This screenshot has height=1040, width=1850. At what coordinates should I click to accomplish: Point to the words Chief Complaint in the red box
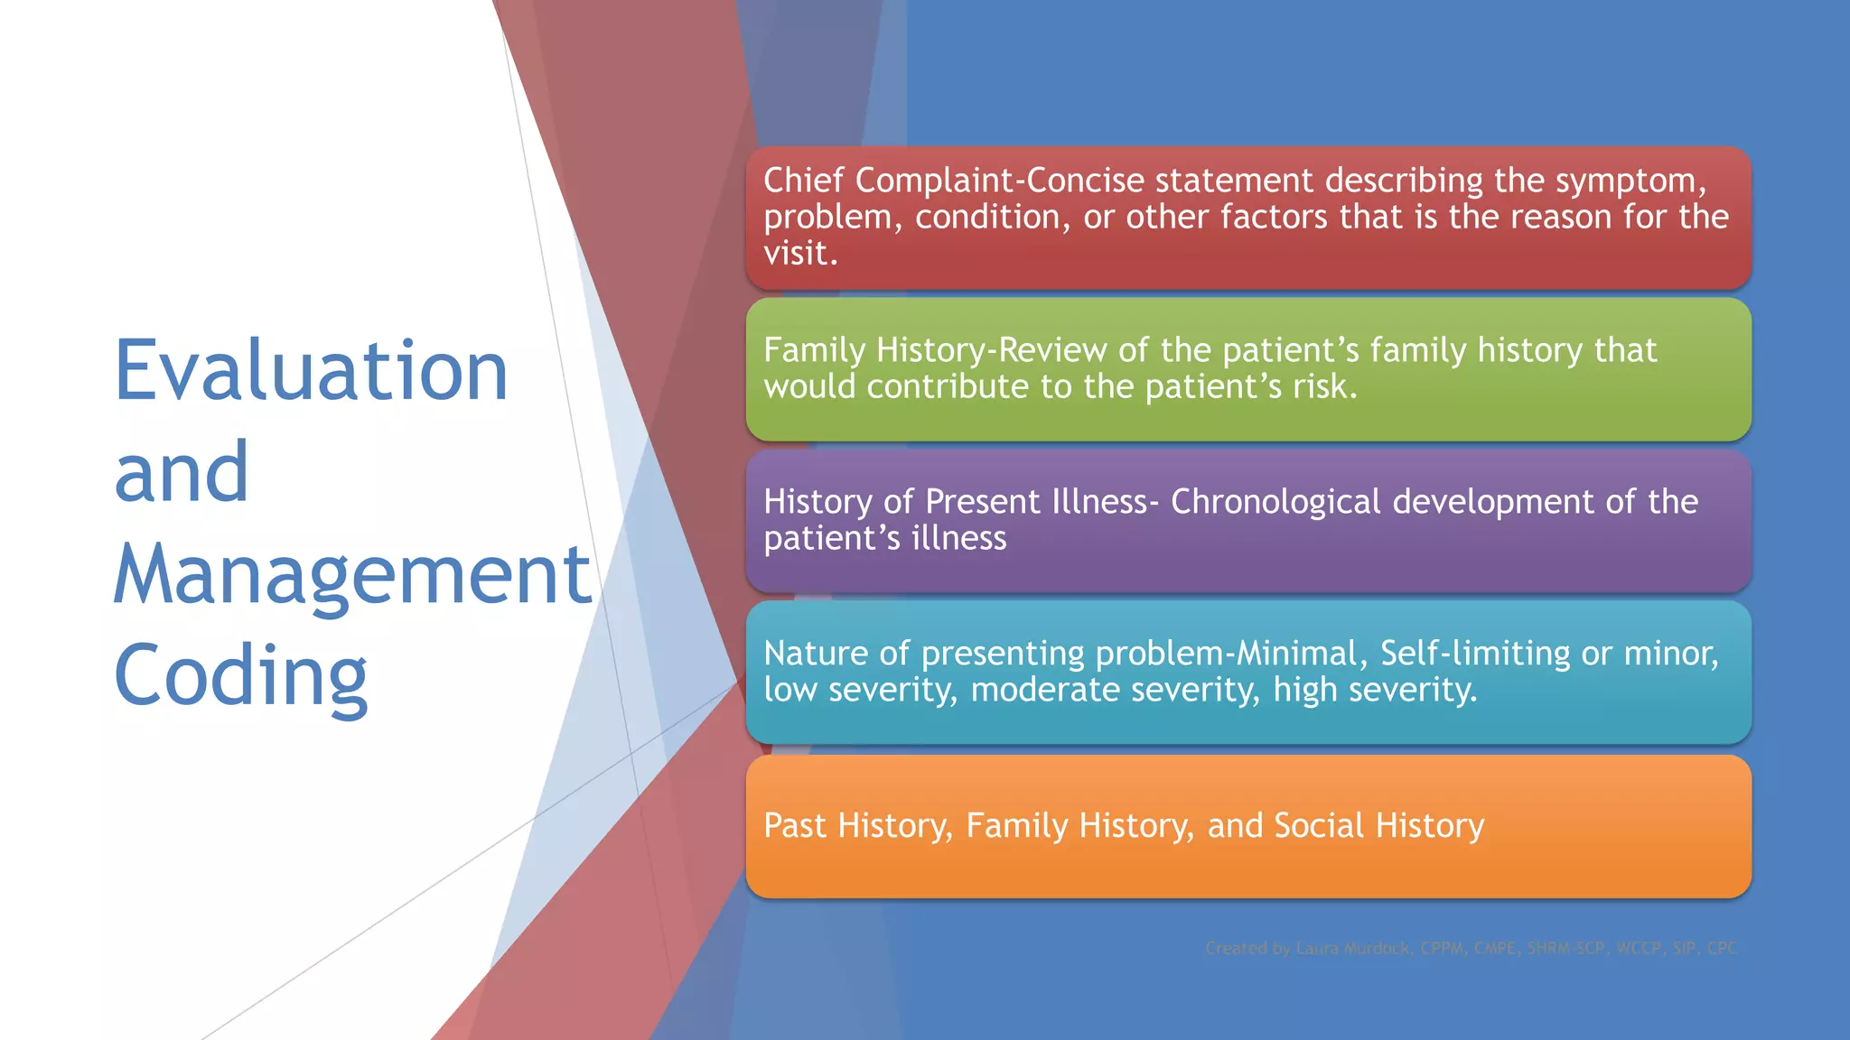coord(888,181)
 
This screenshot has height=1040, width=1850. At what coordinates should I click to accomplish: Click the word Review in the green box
coord(1052,350)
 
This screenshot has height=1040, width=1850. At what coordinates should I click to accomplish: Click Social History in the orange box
coord(1378,826)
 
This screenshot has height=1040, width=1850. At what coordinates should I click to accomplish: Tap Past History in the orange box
coord(857,826)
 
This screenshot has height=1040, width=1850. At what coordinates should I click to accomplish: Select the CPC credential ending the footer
coord(1722,948)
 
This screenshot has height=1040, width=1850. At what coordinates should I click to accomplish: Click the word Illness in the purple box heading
coord(1099,502)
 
